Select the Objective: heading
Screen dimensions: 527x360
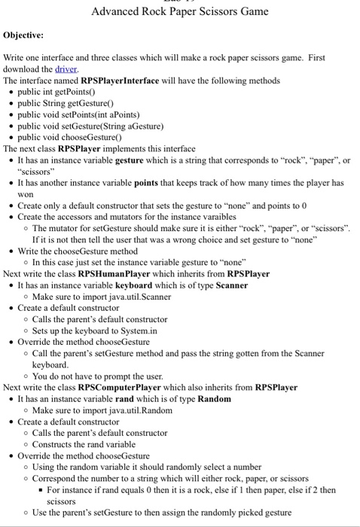coord(23,35)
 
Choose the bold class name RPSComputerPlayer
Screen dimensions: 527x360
coord(124,388)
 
